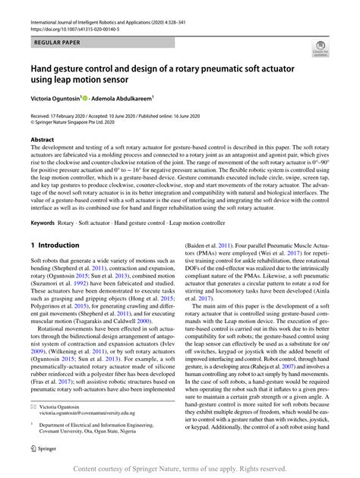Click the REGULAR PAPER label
(54, 36)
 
